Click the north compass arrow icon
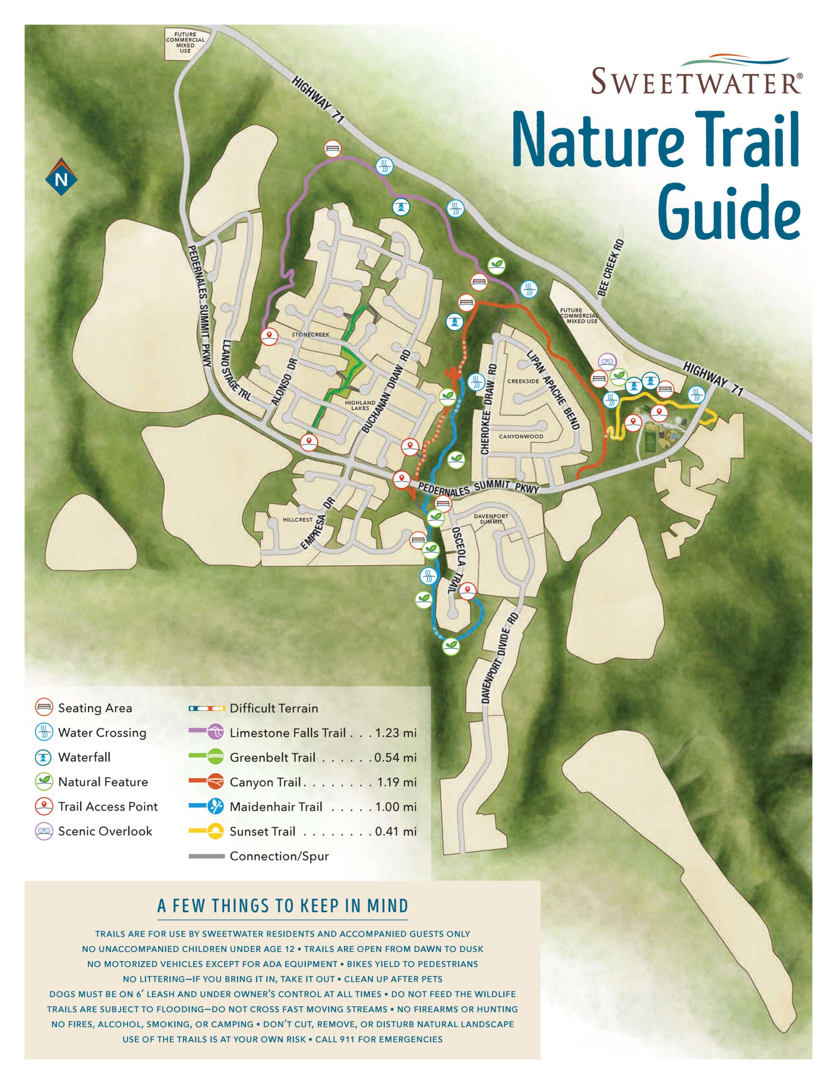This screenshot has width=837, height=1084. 61,177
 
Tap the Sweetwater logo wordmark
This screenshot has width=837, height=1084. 696,81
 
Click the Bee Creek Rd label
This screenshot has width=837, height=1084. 611,268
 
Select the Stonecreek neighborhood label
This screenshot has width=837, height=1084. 310,335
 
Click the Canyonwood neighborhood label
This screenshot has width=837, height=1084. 520,436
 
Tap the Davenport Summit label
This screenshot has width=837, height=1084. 491,519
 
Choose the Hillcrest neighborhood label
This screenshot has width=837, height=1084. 297,520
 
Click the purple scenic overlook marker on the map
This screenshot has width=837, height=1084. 607,362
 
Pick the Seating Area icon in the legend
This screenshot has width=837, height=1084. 44,707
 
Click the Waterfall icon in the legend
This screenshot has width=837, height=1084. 44,757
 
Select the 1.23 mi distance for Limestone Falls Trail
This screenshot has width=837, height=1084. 395,733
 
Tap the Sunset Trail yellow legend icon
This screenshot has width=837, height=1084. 215,831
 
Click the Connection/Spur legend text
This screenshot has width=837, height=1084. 279,856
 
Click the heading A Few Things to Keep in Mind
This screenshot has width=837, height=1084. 282,906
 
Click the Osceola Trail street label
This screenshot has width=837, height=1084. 458,561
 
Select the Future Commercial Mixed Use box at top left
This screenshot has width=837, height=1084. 185,43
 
